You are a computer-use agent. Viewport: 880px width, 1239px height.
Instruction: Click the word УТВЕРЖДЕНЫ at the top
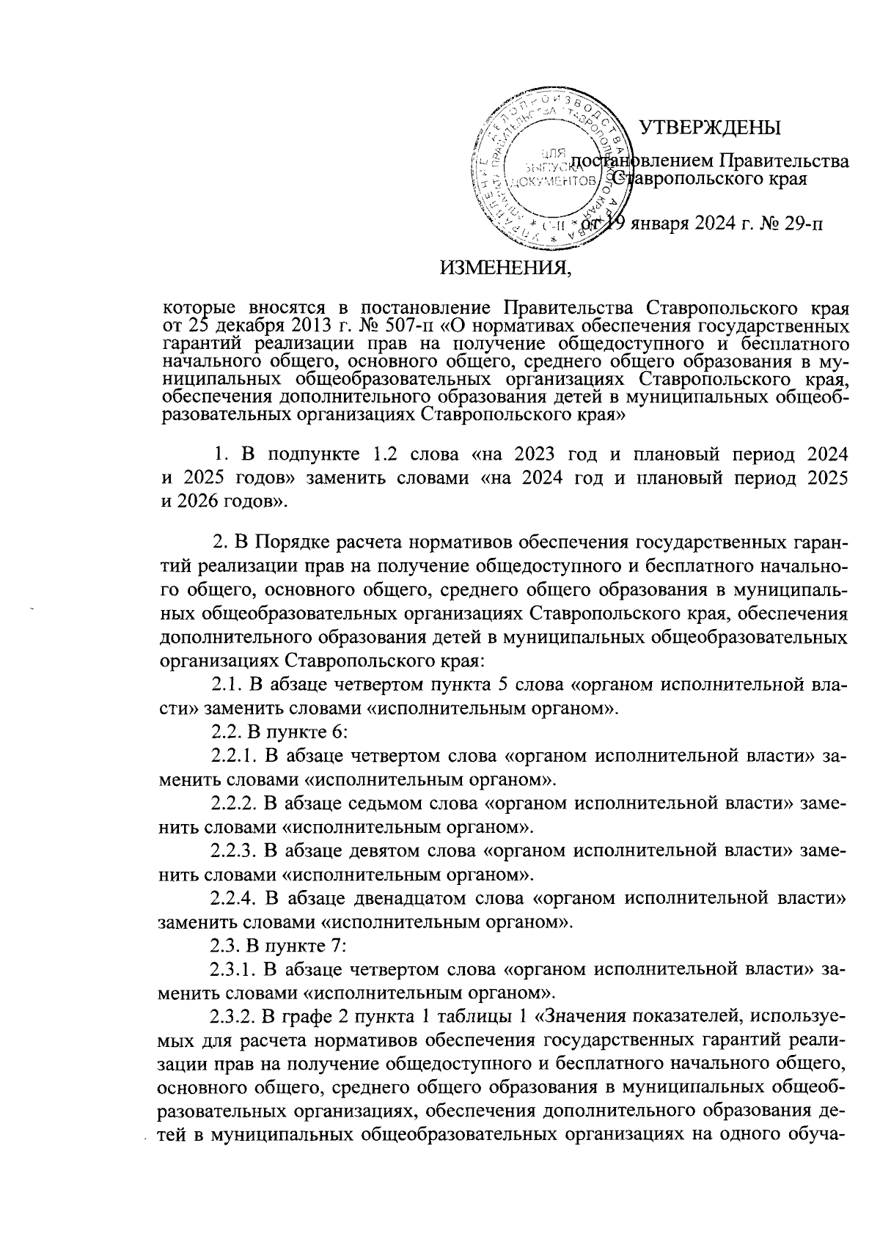(x=709, y=128)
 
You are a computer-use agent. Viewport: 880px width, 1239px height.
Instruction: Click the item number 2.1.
(x=226, y=685)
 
